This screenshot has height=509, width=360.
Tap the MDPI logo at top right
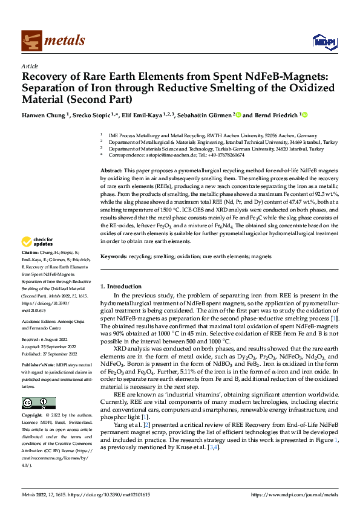(x=322, y=41)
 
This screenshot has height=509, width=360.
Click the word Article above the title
(x=30, y=66)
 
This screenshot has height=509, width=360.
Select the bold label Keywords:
(x=113, y=257)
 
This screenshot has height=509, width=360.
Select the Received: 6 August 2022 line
(x=45, y=339)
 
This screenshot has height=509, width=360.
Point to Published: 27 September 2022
(x=48, y=354)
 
